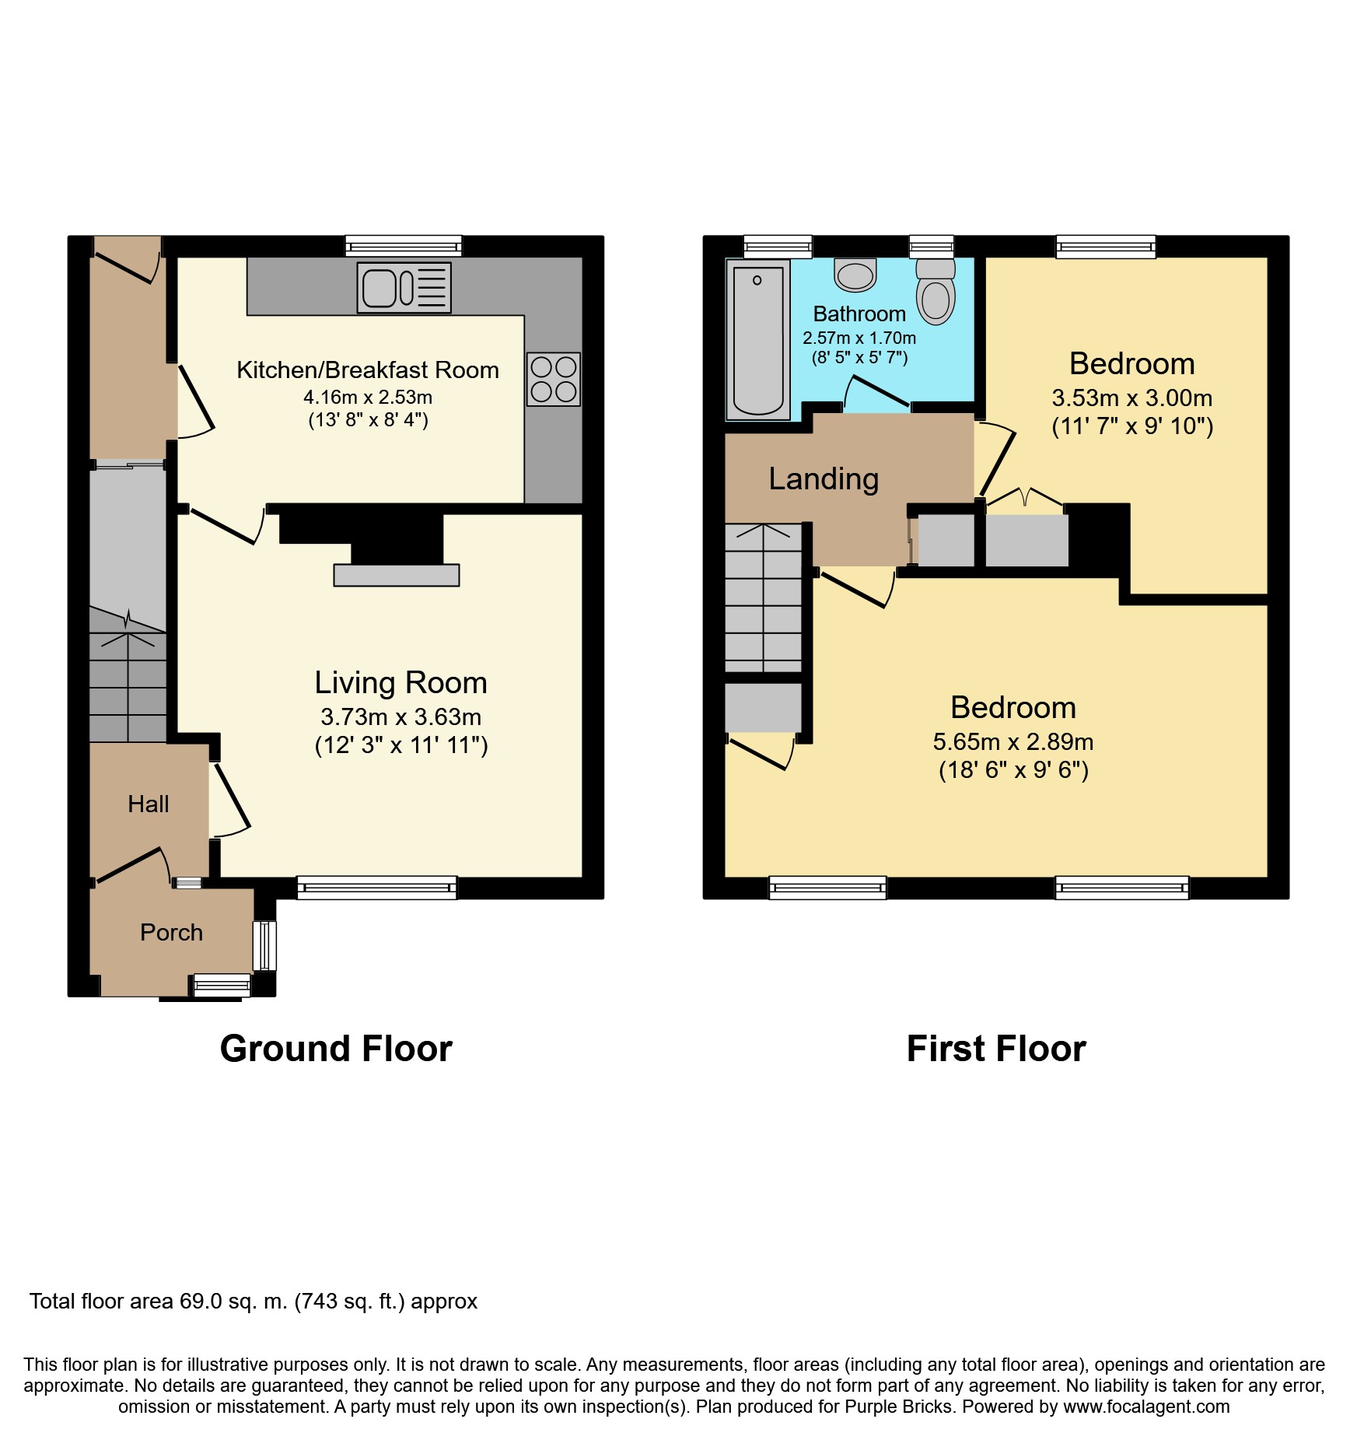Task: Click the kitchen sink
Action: (404, 288)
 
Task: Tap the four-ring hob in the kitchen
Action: (554, 379)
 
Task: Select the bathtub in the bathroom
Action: (758, 339)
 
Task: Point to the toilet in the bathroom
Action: (936, 291)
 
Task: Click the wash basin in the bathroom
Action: (855, 275)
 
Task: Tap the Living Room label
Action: (400, 683)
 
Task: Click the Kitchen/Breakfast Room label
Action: (368, 370)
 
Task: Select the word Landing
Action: (824, 479)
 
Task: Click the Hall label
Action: (149, 804)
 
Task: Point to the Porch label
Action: (171, 932)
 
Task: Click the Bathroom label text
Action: (859, 314)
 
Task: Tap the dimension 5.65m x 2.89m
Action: (1013, 741)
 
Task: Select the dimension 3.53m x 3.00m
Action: (1132, 398)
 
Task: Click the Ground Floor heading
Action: (336, 1049)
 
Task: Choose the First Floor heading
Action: (996, 1049)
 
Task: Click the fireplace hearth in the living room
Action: (397, 575)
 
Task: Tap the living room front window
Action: (377, 888)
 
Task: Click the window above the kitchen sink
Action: (404, 247)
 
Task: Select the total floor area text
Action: (254, 1301)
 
